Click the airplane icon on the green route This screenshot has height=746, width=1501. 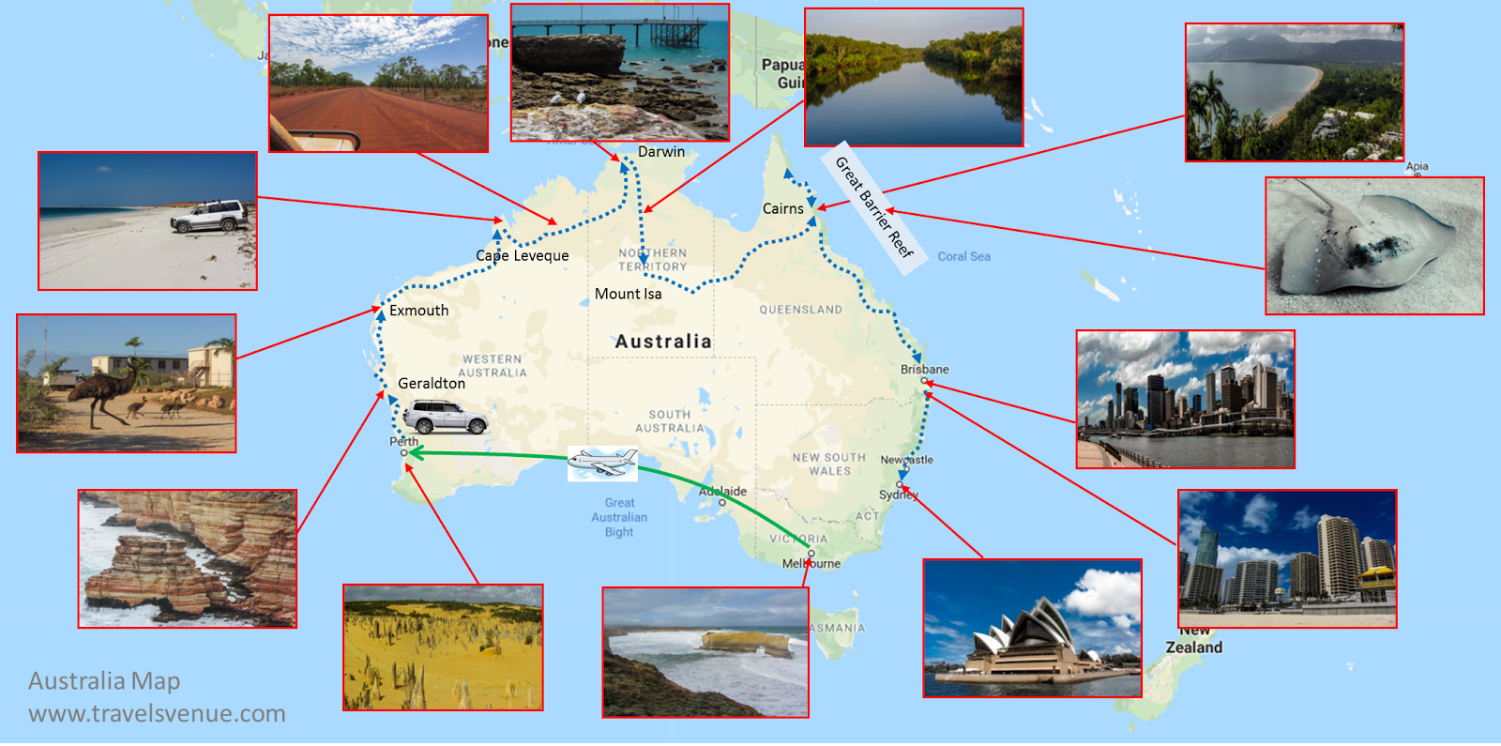coord(602,462)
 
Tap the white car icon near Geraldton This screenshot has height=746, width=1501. coord(445,416)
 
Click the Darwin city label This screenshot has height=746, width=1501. coord(661,152)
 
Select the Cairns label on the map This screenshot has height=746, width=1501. coord(782,208)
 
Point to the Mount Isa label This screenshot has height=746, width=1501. coord(628,294)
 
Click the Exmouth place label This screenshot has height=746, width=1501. coord(418,311)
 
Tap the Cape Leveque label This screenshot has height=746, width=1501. coord(523,255)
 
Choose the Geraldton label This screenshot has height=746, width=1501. coord(432,383)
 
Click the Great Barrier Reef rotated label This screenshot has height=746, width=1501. coord(873,207)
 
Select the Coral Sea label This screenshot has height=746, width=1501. coord(963,256)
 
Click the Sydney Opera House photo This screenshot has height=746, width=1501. coord(1032,629)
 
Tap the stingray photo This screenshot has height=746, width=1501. coord(1374,246)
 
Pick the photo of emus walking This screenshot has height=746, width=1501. coord(127,383)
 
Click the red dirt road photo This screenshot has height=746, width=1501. coord(379,84)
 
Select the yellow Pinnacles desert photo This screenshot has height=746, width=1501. coord(443,647)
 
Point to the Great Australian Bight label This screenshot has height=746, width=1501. coord(619,517)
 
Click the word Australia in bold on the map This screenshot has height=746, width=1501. coord(663,342)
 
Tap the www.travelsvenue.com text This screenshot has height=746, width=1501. coord(157,713)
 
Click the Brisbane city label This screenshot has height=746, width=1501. coord(925,369)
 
